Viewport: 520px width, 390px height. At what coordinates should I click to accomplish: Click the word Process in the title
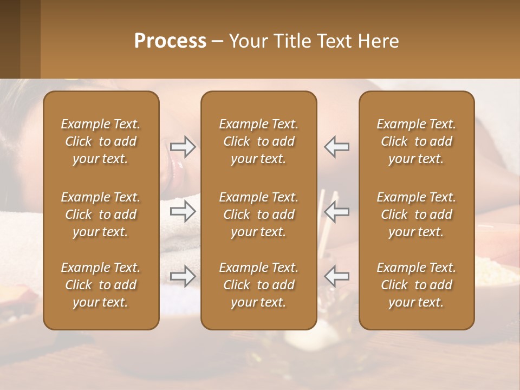coord(170,41)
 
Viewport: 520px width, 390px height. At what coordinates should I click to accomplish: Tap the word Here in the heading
coord(378,41)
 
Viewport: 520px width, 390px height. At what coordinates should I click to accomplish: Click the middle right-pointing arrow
coord(183,212)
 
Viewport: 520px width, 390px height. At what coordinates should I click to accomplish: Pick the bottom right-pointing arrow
coord(183,276)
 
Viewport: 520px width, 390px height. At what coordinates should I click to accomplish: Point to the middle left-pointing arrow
coord(336,212)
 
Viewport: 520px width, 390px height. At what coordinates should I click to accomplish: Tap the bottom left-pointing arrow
coord(336,276)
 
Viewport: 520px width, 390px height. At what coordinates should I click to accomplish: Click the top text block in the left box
coord(101,141)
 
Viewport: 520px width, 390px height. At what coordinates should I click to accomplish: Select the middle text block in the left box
coord(101,214)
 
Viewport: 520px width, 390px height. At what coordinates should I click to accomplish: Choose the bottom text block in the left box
coord(101,285)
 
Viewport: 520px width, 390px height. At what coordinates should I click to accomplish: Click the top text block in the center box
coord(258,141)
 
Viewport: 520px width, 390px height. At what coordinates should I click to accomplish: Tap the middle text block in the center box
coord(258,214)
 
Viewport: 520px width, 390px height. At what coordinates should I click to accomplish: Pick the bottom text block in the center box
coord(258,285)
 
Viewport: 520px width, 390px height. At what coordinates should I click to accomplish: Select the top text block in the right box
coord(416,141)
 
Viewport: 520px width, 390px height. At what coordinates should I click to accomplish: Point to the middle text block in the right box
coord(416,214)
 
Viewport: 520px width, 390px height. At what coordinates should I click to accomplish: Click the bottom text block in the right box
coord(416,285)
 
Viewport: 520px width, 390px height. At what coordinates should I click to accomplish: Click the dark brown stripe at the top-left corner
coord(10,39)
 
